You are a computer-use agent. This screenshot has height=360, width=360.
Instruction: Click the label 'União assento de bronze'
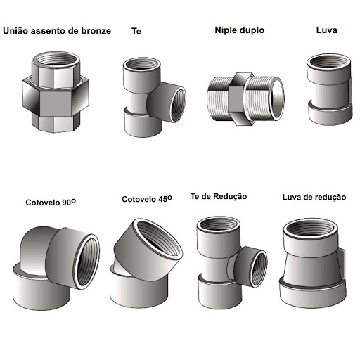[x=57, y=31]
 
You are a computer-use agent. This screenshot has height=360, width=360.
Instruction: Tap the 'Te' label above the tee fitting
[x=136, y=31]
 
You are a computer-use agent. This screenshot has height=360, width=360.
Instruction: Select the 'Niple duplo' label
[x=240, y=30]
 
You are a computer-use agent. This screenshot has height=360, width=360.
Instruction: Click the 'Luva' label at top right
[x=326, y=30]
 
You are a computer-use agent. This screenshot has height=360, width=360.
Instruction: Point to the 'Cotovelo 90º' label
[x=51, y=202]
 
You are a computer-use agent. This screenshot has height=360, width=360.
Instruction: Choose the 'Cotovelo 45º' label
[x=147, y=199]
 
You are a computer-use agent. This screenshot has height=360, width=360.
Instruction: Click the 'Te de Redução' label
[x=219, y=196]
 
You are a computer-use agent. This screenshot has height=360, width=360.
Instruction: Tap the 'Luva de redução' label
[x=314, y=197]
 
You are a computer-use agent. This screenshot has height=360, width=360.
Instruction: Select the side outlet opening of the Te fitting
[x=178, y=104]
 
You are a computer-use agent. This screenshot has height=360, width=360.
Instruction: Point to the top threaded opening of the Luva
[x=328, y=63]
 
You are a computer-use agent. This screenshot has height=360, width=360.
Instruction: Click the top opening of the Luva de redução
[x=310, y=229]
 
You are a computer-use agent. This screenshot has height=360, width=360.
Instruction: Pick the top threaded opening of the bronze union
[x=56, y=59]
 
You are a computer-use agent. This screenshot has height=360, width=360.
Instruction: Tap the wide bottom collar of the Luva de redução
[x=313, y=292]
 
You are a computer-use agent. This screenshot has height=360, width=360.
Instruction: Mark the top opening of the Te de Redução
[x=219, y=224]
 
